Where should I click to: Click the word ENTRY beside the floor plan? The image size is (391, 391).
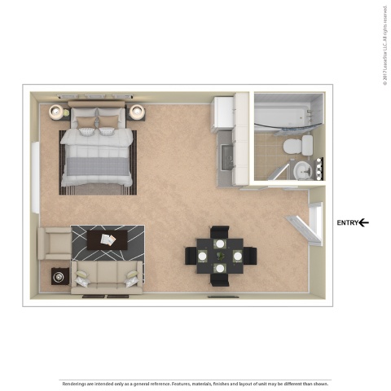[x=348, y=222]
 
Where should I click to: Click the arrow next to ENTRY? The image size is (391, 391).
[x=364, y=222]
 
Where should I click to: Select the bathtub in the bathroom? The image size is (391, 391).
[x=285, y=117]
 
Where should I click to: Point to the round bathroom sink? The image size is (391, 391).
[x=302, y=169]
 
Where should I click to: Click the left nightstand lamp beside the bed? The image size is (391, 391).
[x=57, y=112]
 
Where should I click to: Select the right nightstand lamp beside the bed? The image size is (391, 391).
[x=136, y=112]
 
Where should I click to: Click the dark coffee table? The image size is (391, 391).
[x=107, y=239]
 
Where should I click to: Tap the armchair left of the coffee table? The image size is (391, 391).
[x=55, y=242]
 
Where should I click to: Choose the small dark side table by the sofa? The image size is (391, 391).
[x=59, y=277]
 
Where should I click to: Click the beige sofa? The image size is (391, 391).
[x=107, y=276]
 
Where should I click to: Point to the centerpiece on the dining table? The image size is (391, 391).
[x=220, y=255]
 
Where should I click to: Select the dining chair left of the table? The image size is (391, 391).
[x=191, y=256]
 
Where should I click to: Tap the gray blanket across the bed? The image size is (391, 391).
[x=97, y=167]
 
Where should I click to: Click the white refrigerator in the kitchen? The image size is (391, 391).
[x=223, y=112]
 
